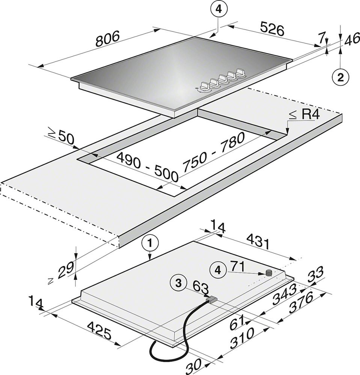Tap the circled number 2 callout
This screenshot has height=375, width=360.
pos(340,78)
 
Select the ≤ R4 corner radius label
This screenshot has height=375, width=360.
pos(304,115)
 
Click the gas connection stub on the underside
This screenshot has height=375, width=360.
pos(268,273)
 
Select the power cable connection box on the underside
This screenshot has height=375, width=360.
pos(212,299)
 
